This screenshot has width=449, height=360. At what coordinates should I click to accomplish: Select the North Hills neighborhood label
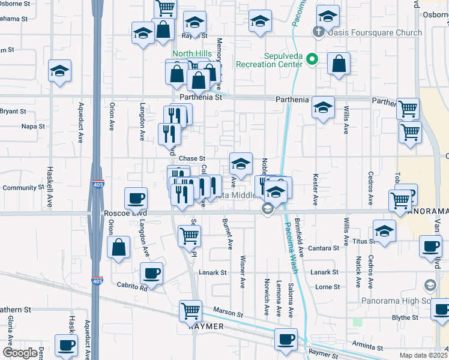(191, 53)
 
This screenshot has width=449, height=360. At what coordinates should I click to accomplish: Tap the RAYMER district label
(206, 326)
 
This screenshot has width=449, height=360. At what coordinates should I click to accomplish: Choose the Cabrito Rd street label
(132, 287)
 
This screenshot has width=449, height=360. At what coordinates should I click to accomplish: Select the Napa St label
(33, 127)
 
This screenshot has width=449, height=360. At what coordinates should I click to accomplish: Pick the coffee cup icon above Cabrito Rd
(151, 274)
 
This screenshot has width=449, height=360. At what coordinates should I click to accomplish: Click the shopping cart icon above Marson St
(190, 310)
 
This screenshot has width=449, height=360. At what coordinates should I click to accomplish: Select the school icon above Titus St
(384, 230)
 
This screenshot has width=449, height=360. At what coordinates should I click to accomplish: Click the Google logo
(20, 353)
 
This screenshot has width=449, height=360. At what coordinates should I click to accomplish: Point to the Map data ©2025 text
(423, 355)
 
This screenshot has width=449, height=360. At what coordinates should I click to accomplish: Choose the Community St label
(19, 188)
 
